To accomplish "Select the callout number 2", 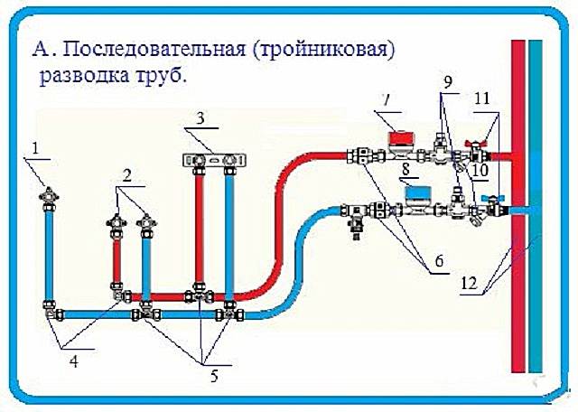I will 130,180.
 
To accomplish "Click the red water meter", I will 398,140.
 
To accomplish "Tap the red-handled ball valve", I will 476,147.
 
